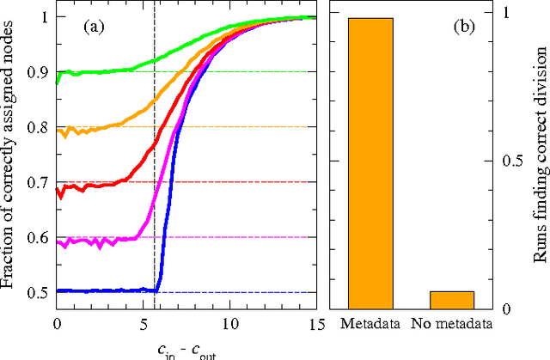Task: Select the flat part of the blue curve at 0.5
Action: [x=103, y=291]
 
